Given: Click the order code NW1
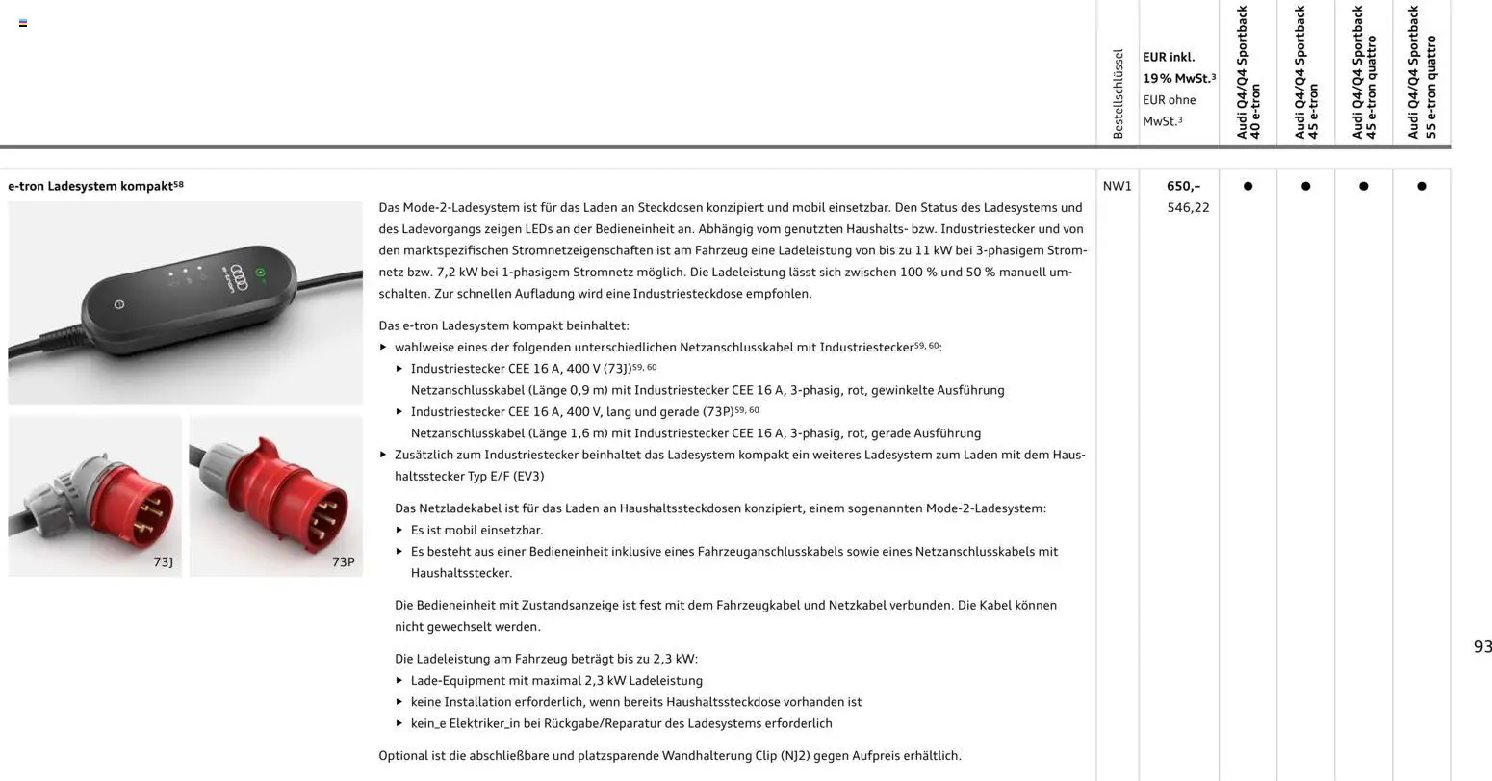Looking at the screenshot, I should (x=1117, y=186).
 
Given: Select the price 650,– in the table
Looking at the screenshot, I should (x=1183, y=186).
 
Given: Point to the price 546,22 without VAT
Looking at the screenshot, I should (x=1188, y=207).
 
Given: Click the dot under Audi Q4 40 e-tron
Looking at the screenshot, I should (x=1248, y=186).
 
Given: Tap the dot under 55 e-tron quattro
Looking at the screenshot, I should (x=1421, y=186).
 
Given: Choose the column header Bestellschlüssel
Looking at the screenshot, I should (x=1118, y=94).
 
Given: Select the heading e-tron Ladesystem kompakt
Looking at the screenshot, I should (x=90, y=185).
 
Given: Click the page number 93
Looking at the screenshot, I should (x=1482, y=647).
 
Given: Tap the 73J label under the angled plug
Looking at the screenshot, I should (x=163, y=561).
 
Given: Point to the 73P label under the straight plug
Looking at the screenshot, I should (x=344, y=561).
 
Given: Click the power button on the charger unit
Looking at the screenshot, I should (x=119, y=304).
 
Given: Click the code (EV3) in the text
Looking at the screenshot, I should (x=528, y=476).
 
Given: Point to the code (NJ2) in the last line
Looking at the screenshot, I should (x=793, y=756).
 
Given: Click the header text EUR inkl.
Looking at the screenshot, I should (x=1168, y=57).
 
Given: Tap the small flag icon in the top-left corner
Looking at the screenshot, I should (x=23, y=23).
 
